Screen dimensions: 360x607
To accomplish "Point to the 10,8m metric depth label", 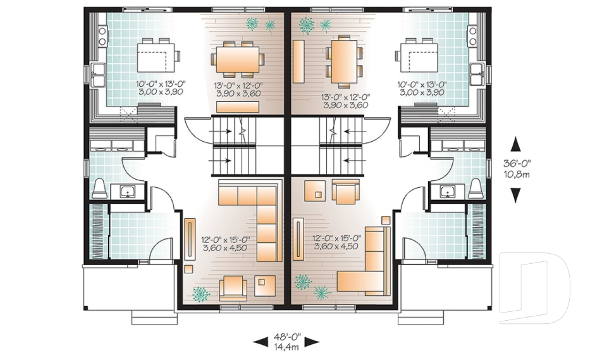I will [x=517, y=174].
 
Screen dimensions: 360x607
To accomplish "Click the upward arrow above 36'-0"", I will [x=516, y=145].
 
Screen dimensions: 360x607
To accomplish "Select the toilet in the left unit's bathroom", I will [x=99, y=188].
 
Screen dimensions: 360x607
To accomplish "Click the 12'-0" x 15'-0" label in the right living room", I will [x=336, y=239].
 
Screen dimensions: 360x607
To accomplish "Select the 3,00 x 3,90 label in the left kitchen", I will [x=156, y=92].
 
